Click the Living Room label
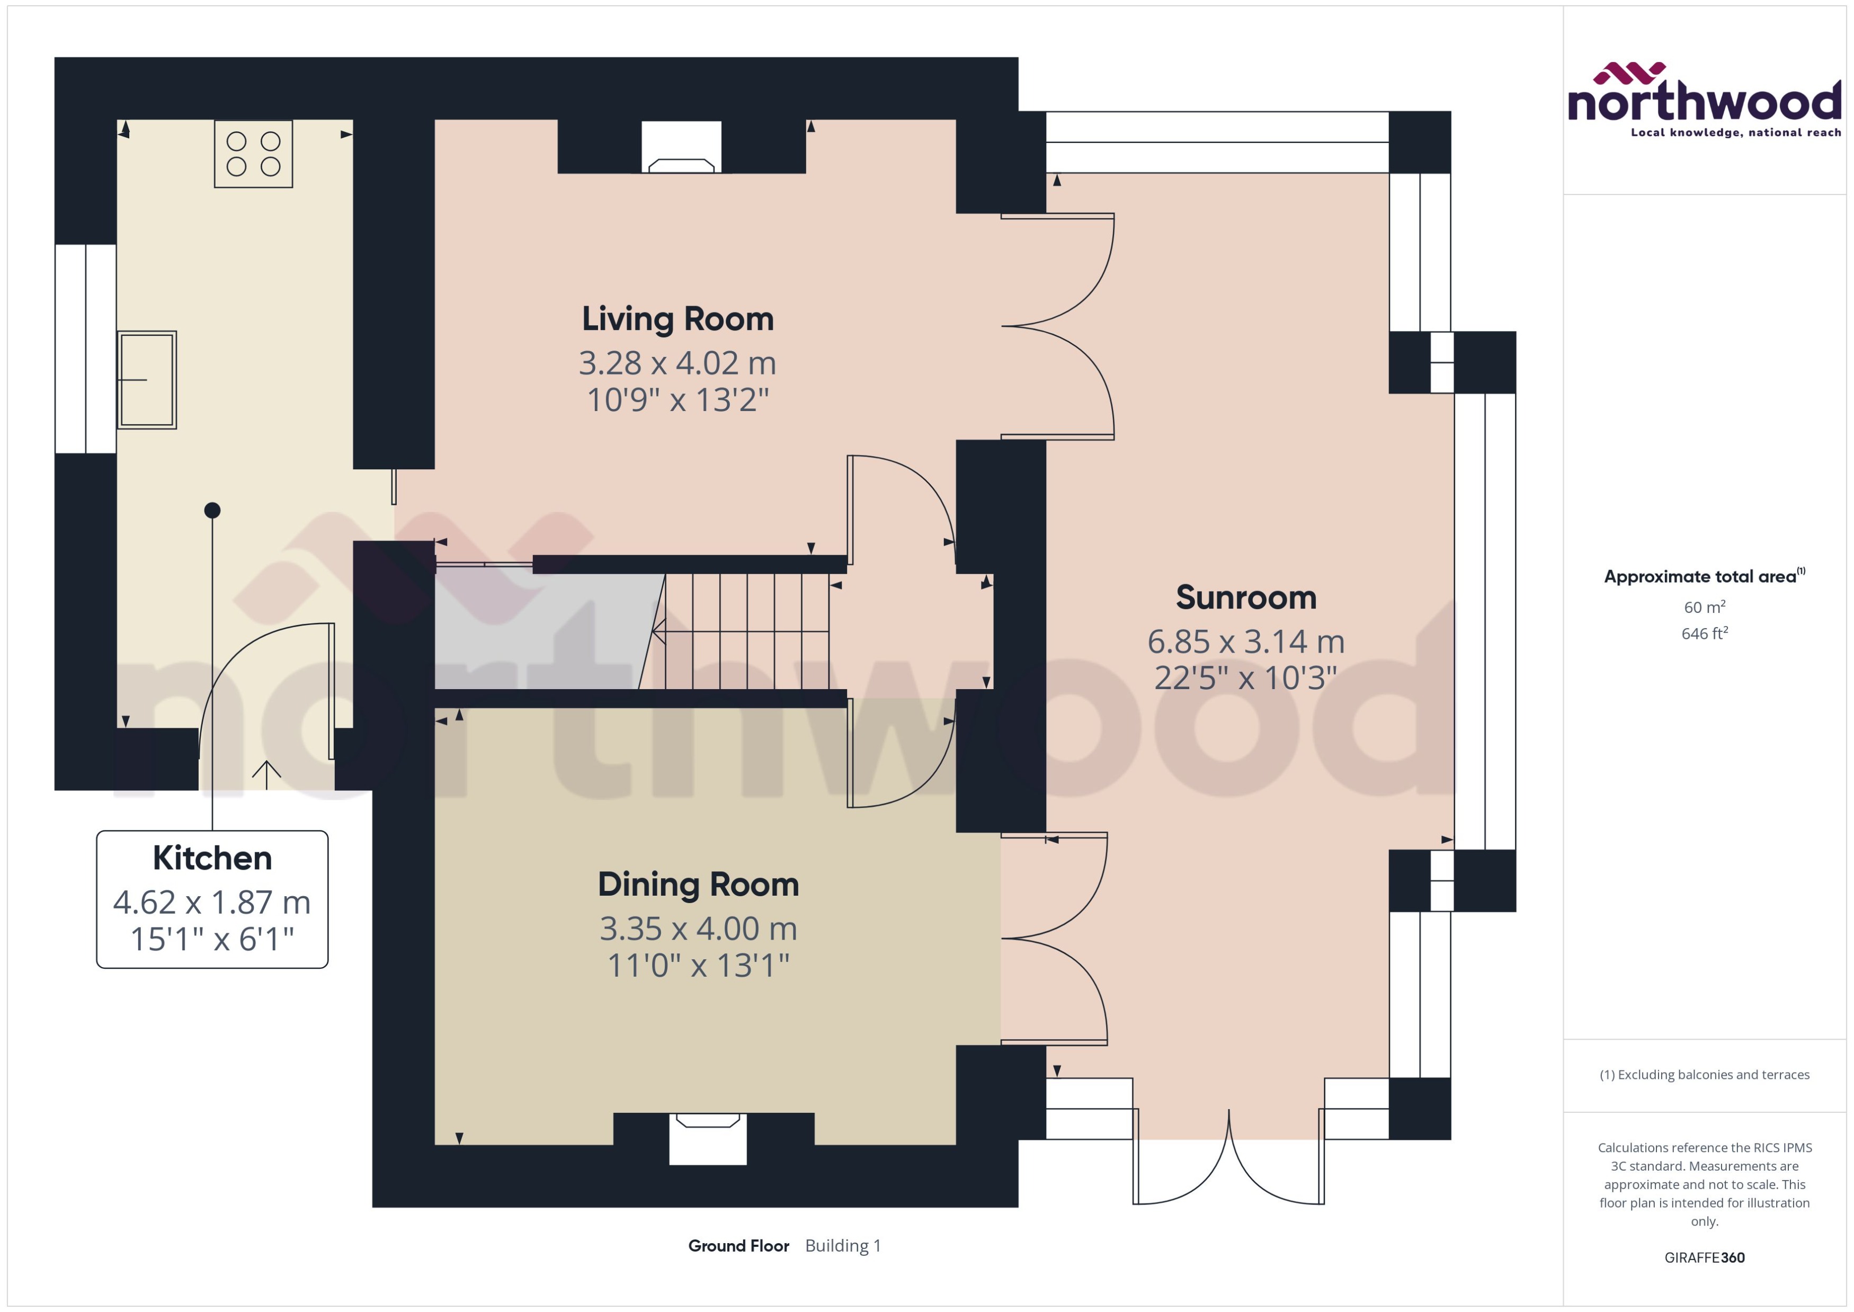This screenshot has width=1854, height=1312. click(x=677, y=319)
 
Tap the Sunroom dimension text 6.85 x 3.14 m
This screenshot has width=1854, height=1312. click(x=1245, y=641)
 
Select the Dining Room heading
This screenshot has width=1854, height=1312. click(x=698, y=885)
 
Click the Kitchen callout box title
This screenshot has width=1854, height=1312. click(x=212, y=858)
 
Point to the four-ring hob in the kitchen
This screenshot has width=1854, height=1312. click(x=253, y=154)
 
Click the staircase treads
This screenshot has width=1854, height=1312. click(x=747, y=631)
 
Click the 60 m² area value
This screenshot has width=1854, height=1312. click(x=1704, y=606)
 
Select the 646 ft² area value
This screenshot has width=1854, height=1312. click(x=1704, y=633)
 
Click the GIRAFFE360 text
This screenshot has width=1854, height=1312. click(x=1704, y=1258)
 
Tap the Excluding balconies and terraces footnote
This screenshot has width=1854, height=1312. click(x=1704, y=1075)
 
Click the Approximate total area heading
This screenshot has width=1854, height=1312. click(x=1700, y=577)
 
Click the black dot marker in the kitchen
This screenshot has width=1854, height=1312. click(x=212, y=510)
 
